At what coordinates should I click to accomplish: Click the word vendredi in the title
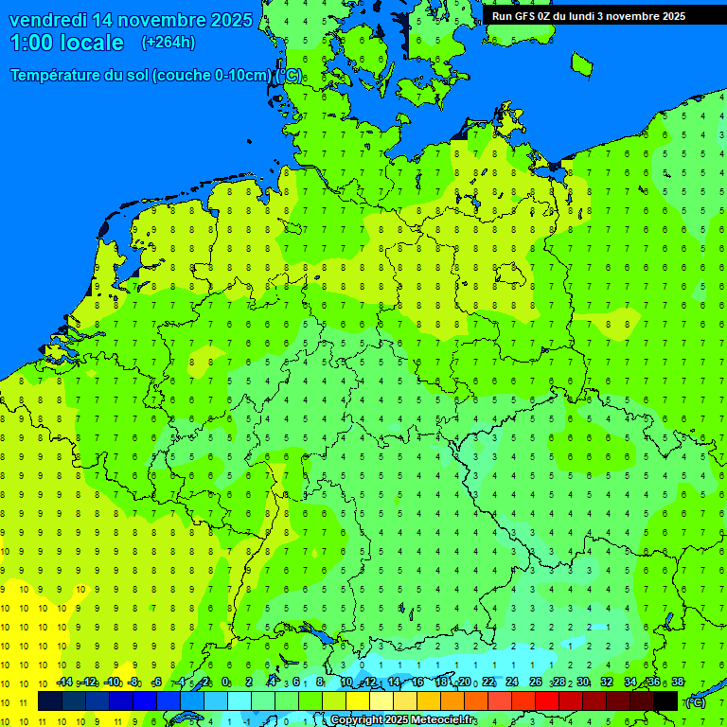tap(48, 20)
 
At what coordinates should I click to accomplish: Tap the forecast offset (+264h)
tap(168, 43)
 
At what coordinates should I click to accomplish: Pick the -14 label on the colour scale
tap(63, 683)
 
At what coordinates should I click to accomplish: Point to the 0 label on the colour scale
tap(225, 683)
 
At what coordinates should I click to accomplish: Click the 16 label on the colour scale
tap(417, 683)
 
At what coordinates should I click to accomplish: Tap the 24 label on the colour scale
tap(512, 683)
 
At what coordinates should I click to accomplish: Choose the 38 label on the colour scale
tap(678, 683)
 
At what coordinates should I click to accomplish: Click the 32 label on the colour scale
tap(607, 683)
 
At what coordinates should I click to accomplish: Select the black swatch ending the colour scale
tap(665, 700)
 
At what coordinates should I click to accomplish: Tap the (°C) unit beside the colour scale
tap(696, 701)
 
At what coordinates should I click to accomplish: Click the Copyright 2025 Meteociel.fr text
tap(403, 720)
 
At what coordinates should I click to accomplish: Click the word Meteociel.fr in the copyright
tap(444, 720)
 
